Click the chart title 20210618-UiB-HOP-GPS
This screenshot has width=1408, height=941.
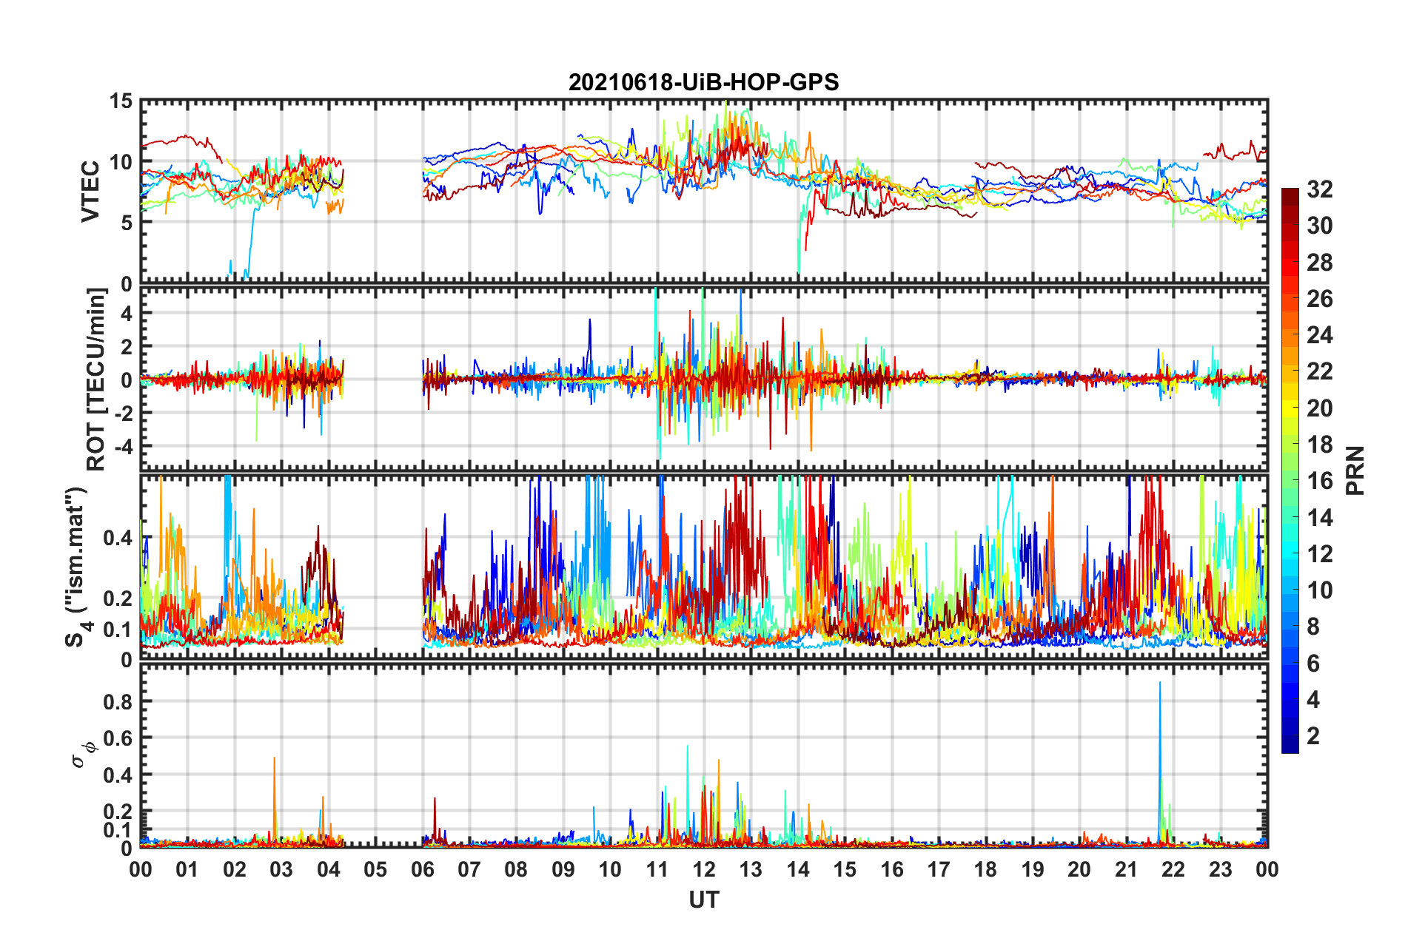(x=703, y=82)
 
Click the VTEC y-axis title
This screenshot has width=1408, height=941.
(x=90, y=191)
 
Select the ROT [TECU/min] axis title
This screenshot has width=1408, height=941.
(x=96, y=380)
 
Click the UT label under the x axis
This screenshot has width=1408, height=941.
(x=703, y=900)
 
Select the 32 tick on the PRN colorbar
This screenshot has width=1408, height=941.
(x=1320, y=189)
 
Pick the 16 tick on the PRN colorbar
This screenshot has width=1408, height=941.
(x=1320, y=481)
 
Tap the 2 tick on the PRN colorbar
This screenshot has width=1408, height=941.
(x=1314, y=736)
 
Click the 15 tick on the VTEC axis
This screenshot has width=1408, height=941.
(x=121, y=101)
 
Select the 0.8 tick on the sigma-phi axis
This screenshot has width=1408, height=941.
(x=118, y=701)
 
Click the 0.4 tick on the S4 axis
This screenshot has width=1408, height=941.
(x=118, y=538)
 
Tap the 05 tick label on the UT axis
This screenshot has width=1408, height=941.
(x=375, y=870)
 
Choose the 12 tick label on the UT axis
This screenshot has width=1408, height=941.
(x=704, y=870)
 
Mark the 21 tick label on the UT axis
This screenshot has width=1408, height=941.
(x=1127, y=870)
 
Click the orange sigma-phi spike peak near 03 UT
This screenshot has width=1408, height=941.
(x=275, y=758)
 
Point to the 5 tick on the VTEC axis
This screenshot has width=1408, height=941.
(x=127, y=223)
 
